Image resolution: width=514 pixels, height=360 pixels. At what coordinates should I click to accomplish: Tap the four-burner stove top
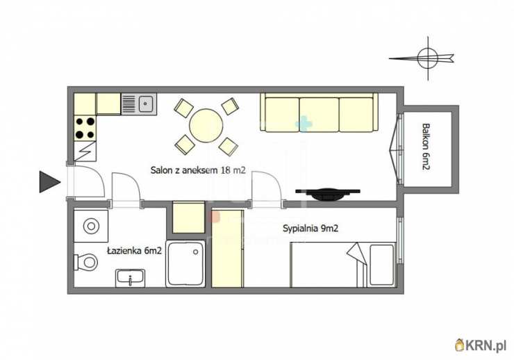tap(85, 128)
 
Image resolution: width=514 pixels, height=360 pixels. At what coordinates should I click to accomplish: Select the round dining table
tap(206, 126)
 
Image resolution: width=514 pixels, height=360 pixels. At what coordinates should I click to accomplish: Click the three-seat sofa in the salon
tap(319, 113)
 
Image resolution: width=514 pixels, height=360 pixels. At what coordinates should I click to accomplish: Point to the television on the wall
tap(328, 194)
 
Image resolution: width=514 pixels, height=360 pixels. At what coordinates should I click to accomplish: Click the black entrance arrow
tap(50, 181)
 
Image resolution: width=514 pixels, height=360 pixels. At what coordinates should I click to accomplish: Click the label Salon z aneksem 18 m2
tap(198, 170)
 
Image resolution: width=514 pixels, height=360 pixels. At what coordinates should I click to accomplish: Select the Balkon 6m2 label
tap(426, 146)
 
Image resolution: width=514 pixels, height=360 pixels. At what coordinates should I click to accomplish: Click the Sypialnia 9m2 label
tap(310, 228)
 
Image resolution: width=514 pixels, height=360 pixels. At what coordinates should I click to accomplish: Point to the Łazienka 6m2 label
tap(134, 251)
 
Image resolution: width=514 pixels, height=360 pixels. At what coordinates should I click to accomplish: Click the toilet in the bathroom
tap(86, 262)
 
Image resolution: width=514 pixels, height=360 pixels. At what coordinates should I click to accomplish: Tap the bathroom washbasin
tap(130, 279)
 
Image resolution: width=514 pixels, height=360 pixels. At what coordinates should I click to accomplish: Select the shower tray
tap(185, 264)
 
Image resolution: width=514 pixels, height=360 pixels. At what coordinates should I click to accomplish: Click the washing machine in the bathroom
tap(91, 227)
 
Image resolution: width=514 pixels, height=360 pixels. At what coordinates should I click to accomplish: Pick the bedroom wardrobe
tap(228, 249)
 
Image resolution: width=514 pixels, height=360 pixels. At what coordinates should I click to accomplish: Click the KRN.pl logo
tap(481, 345)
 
